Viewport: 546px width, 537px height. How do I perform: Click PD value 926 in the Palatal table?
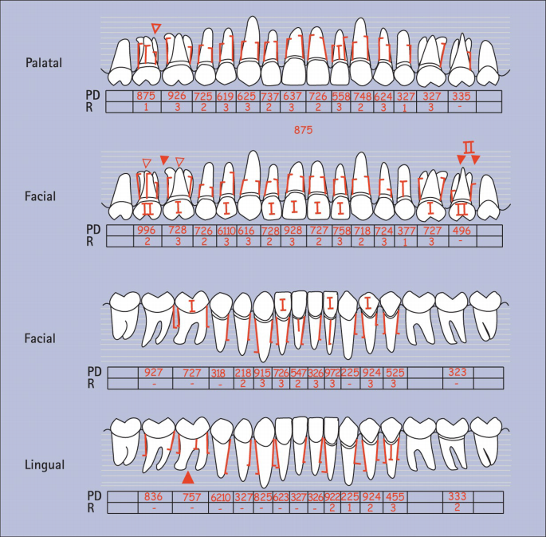[x=177, y=96]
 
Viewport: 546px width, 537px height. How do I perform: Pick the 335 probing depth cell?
[x=460, y=96]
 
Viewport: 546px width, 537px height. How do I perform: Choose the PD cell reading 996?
[x=146, y=230]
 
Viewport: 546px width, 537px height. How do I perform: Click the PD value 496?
[x=460, y=230]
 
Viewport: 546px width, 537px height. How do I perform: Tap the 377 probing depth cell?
[x=406, y=230]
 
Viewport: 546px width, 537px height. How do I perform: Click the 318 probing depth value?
[x=218, y=373]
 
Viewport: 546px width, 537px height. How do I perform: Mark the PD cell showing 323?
[x=457, y=373]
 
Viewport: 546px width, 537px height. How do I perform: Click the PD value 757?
[x=191, y=496]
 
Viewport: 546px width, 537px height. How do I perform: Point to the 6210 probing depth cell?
[x=221, y=496]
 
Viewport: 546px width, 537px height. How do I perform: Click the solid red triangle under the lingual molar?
[x=188, y=478]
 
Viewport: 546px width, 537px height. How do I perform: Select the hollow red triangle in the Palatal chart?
[x=156, y=29]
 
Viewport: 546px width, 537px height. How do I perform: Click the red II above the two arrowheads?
[x=468, y=147]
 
